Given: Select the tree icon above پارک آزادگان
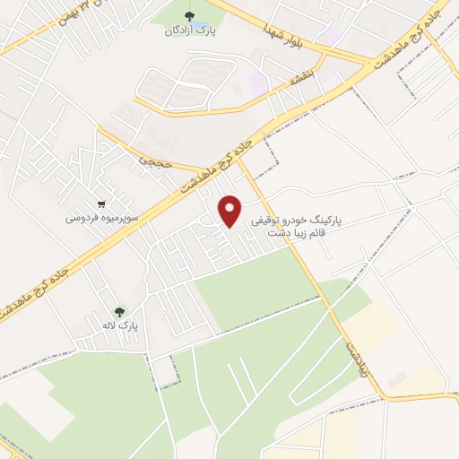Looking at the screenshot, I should pos(188,16).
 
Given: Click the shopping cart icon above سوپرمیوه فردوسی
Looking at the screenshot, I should pos(105,204).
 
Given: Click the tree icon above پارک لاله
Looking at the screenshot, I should pos(119,313).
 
